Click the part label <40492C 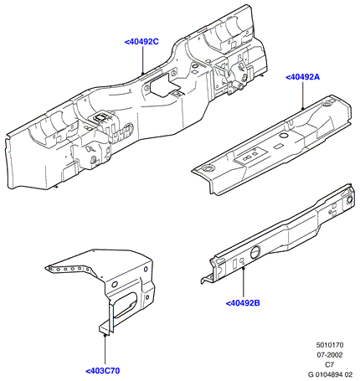pyautogui.click(x=141, y=42)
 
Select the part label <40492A pyautogui.click(x=302, y=77)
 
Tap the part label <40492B pyautogui.click(x=243, y=303)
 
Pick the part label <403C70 pyautogui.click(x=102, y=371)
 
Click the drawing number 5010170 pyautogui.click(x=330, y=345)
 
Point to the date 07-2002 pyautogui.click(x=330, y=355)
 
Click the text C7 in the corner pyautogui.click(x=330, y=364)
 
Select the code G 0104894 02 pyautogui.click(x=330, y=374)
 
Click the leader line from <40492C pyautogui.click(x=143, y=60)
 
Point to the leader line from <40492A pyautogui.click(x=303, y=95)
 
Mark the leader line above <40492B pyautogui.click(x=244, y=282)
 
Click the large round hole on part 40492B pyautogui.click(x=255, y=252)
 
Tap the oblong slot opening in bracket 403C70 pyautogui.click(x=125, y=306)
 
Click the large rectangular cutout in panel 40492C pyautogui.click(x=160, y=84)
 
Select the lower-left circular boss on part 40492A pyautogui.click(x=208, y=168)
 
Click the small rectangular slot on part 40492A pyautogui.click(x=278, y=146)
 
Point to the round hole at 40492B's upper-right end pyautogui.click(x=349, y=200)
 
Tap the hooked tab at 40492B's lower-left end pyautogui.click(x=207, y=278)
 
